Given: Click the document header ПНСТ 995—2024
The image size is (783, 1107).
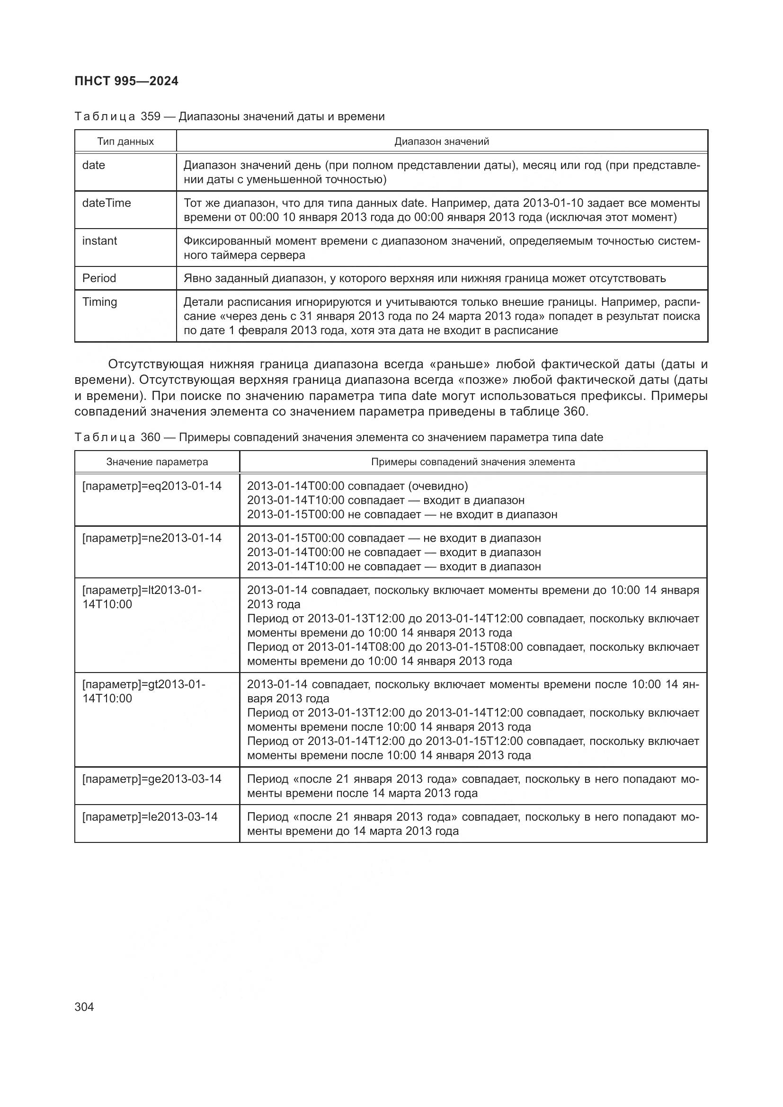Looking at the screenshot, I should pos(126,81).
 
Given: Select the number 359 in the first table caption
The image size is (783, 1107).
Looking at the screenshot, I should pos(151,116).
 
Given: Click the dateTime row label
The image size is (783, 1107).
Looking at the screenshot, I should pos(107,203).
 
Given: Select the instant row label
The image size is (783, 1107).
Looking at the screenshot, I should pos(99,240).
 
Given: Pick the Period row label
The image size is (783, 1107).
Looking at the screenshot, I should pos(99,278).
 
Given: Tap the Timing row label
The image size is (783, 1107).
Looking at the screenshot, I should pos(99,302).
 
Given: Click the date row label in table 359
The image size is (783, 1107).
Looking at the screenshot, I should pos(94,165).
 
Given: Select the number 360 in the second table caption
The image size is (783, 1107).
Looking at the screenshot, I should pos(151,437).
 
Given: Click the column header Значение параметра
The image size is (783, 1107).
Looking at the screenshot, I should pos(157,462).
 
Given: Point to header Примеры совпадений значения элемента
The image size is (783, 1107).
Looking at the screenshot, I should pos(473,462).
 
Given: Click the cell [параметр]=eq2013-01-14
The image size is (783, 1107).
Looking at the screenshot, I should pos(152,486).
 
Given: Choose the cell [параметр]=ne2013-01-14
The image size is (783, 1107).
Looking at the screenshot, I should pos(152,538).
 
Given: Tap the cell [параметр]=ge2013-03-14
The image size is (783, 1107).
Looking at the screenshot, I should pos(152,779).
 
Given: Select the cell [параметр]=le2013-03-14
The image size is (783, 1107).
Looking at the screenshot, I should pos(150,817).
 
